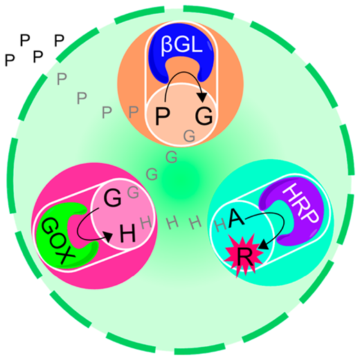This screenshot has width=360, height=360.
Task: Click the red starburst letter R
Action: click(x=244, y=258)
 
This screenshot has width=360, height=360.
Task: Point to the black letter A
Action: click(x=236, y=217)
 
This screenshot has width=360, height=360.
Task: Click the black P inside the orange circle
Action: click(x=163, y=116)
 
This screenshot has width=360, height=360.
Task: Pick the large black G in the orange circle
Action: click(x=204, y=116)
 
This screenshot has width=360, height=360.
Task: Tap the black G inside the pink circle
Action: click(x=113, y=198)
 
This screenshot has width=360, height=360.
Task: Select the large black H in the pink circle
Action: click(x=127, y=233)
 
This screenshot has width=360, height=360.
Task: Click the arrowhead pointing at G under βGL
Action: click(x=203, y=97)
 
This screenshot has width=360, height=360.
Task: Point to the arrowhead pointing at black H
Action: click(x=108, y=237)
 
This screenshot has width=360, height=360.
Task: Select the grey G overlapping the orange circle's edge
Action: click(x=189, y=136)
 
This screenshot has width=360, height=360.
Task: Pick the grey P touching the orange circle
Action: click(x=134, y=112)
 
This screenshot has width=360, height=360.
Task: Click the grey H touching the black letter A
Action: click(x=220, y=225)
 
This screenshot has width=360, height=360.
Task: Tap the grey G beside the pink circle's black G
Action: click(x=134, y=192)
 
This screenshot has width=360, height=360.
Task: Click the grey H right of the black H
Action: click(x=146, y=223)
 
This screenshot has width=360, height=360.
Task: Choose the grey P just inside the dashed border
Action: click(x=62, y=79)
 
